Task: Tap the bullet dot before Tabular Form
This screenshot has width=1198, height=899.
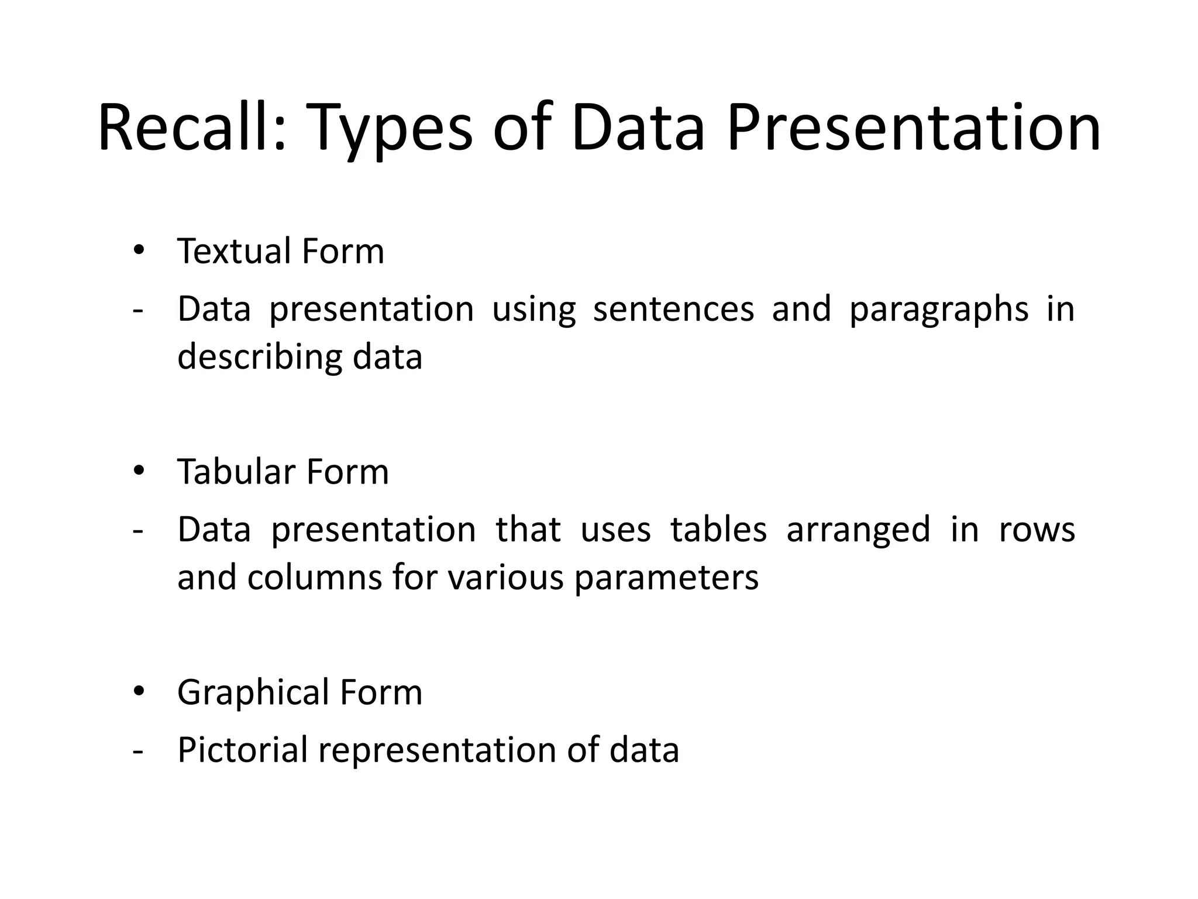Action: pos(139,471)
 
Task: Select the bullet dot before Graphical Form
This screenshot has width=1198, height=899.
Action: pos(139,692)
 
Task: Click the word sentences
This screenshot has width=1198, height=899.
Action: pos(673,309)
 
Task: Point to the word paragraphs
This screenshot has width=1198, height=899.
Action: pos(938,310)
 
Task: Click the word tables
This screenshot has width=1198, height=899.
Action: pos(718,529)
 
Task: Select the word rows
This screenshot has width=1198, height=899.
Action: pos(1037,530)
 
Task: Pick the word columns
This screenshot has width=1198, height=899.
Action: pos(312,578)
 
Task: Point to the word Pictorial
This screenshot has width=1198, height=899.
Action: pos(242,750)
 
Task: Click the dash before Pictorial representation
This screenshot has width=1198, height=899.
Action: pos(138,751)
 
